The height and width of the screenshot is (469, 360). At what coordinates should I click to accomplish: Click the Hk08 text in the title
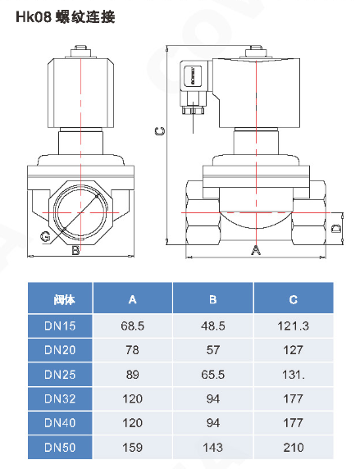[x=34, y=16]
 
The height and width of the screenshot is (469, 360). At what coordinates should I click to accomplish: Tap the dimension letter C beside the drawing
[x=160, y=130]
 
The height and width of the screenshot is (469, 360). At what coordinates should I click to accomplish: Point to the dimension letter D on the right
[x=336, y=228]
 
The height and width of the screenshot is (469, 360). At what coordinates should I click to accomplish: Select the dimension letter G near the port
[x=45, y=236]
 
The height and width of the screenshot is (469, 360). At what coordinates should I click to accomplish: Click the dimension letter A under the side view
[x=256, y=250]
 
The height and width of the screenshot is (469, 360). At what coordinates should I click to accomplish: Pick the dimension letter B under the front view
[x=75, y=250]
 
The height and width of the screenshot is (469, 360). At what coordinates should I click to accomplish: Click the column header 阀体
[x=64, y=299]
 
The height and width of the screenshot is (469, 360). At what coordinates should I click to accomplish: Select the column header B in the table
[x=212, y=299]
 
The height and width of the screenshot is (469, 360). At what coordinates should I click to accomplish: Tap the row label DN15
[x=60, y=326]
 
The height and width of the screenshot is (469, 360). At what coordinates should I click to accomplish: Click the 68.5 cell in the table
[x=133, y=326]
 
